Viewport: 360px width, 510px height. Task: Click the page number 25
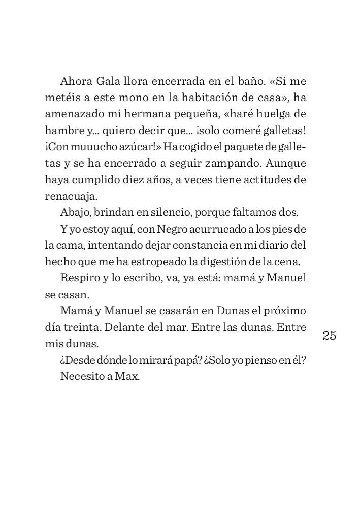[x=329, y=336]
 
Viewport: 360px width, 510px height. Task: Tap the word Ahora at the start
[x=75, y=81]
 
